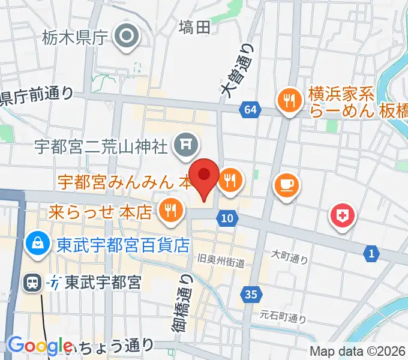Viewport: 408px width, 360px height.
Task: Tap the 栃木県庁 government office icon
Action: (x=127, y=37)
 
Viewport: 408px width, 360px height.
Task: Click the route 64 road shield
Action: (x=251, y=109)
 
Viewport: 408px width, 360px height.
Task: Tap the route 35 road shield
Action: (x=251, y=293)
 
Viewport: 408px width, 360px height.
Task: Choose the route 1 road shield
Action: (x=371, y=254)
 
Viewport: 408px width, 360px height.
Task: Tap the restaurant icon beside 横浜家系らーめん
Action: (x=290, y=100)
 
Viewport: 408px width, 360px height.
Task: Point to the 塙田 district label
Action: (x=194, y=26)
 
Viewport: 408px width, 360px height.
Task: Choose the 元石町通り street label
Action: (x=283, y=315)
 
